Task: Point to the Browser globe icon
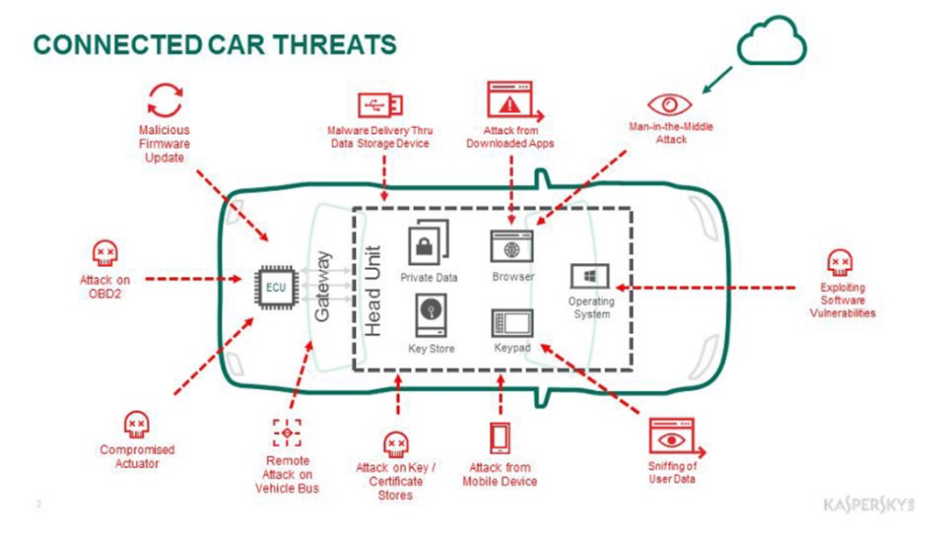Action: (x=512, y=245)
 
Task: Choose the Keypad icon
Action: (x=512, y=323)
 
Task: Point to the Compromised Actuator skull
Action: (x=135, y=426)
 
